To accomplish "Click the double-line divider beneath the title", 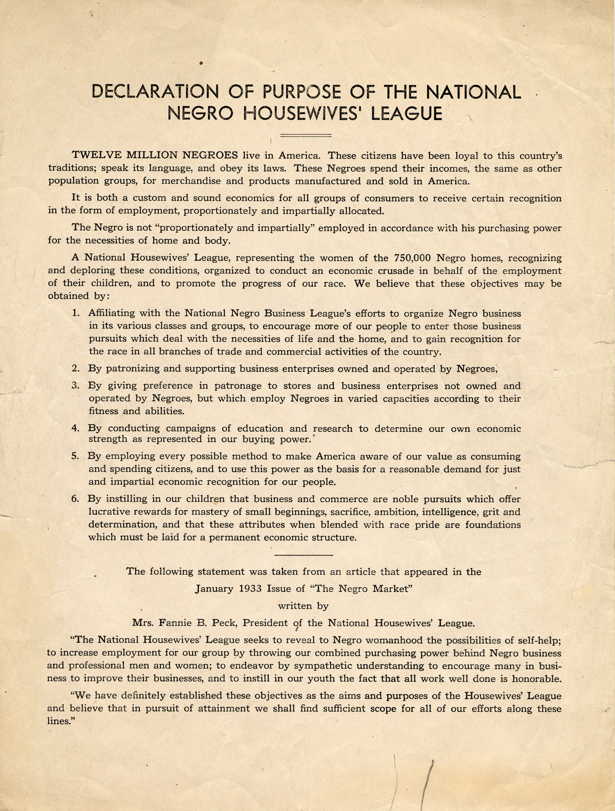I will (x=307, y=135).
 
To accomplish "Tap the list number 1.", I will (x=75, y=313).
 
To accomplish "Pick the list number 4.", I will (x=75, y=428).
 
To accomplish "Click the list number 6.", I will (x=75, y=498).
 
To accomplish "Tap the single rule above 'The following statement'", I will (x=304, y=554).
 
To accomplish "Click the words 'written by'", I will (x=303, y=606).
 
